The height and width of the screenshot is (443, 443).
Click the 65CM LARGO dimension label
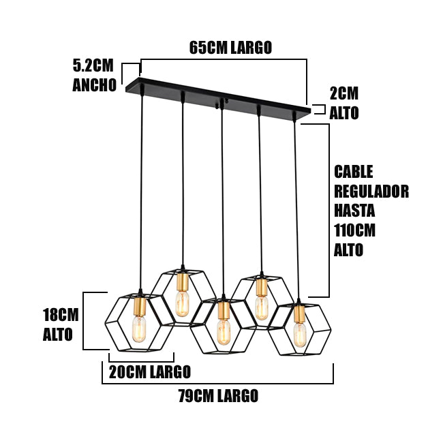[x=230, y=48]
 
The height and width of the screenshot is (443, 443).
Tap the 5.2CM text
[x=93, y=66]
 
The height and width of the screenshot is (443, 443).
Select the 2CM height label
[x=343, y=94]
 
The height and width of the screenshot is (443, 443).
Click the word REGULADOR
[x=371, y=191]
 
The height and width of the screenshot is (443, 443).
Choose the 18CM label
[x=61, y=315]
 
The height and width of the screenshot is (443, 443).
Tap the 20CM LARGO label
[x=149, y=372]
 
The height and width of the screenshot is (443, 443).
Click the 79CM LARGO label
[x=218, y=396]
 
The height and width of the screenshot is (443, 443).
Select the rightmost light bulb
[x=300, y=335]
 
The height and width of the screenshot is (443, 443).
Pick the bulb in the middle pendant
[x=223, y=331]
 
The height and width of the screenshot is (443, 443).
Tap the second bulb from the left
[x=182, y=304]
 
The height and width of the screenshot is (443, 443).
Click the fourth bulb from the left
[x=261, y=307]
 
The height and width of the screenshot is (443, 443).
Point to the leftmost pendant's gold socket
[x=140, y=306]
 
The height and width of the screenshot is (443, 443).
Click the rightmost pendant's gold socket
[x=299, y=314]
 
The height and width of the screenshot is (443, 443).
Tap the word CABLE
[x=354, y=171]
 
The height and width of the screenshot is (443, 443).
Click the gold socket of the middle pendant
[x=222, y=311]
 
